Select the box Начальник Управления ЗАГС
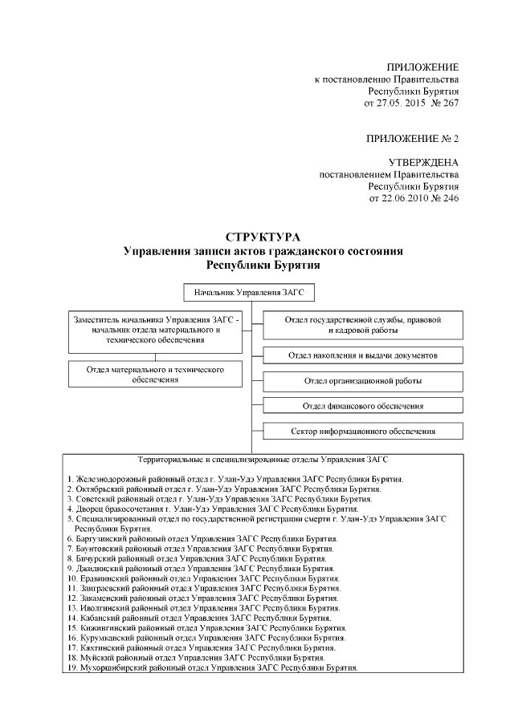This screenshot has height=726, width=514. pos(248,292)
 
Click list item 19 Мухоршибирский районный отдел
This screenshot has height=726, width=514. pos(212,667)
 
